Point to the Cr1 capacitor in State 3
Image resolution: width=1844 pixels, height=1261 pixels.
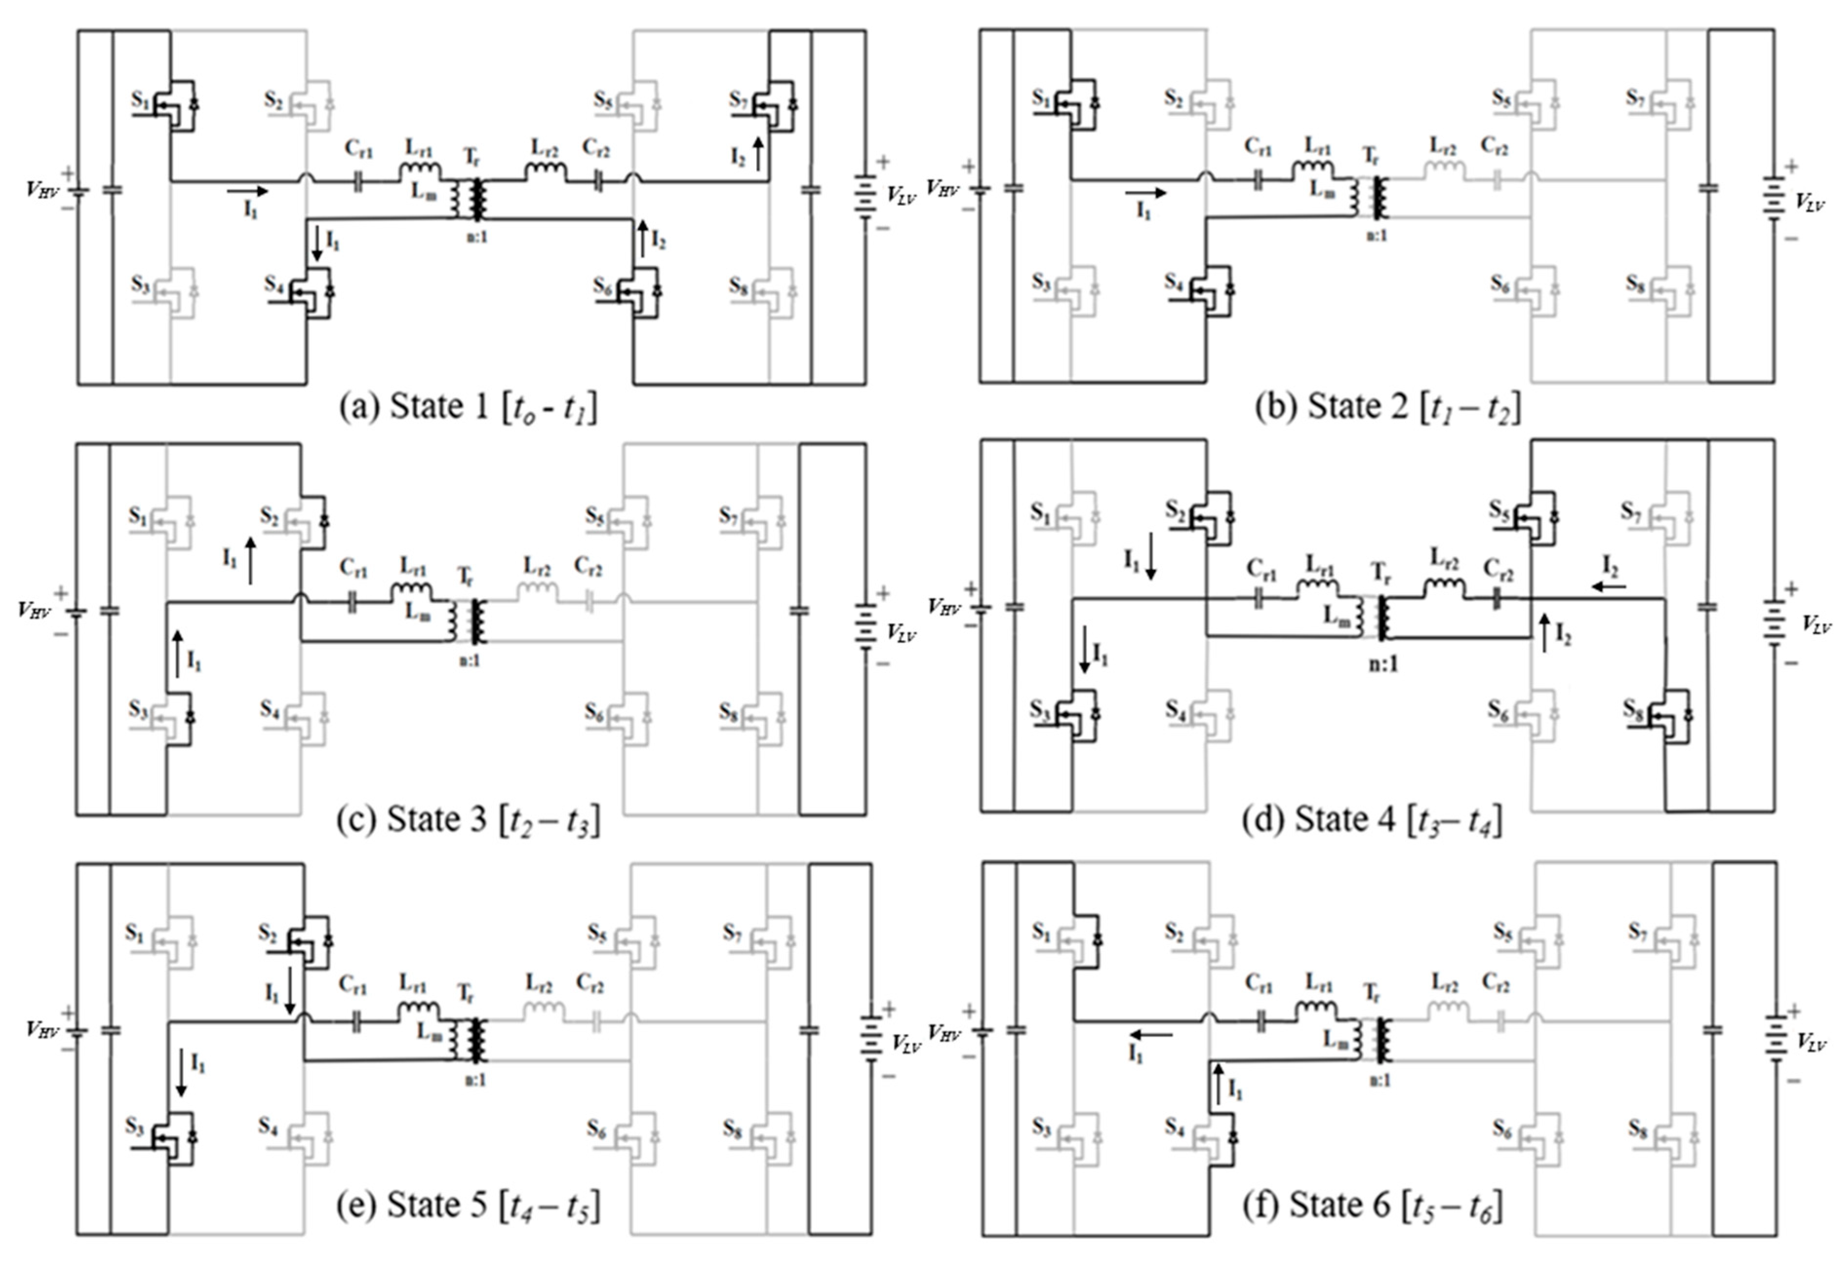[x=353, y=603]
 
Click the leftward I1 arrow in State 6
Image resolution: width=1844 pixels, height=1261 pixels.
[x=1151, y=1035]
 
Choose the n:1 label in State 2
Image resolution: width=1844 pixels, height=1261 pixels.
[x=1376, y=235]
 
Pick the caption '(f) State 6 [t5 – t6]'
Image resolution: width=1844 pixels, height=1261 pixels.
[x=1372, y=1205]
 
